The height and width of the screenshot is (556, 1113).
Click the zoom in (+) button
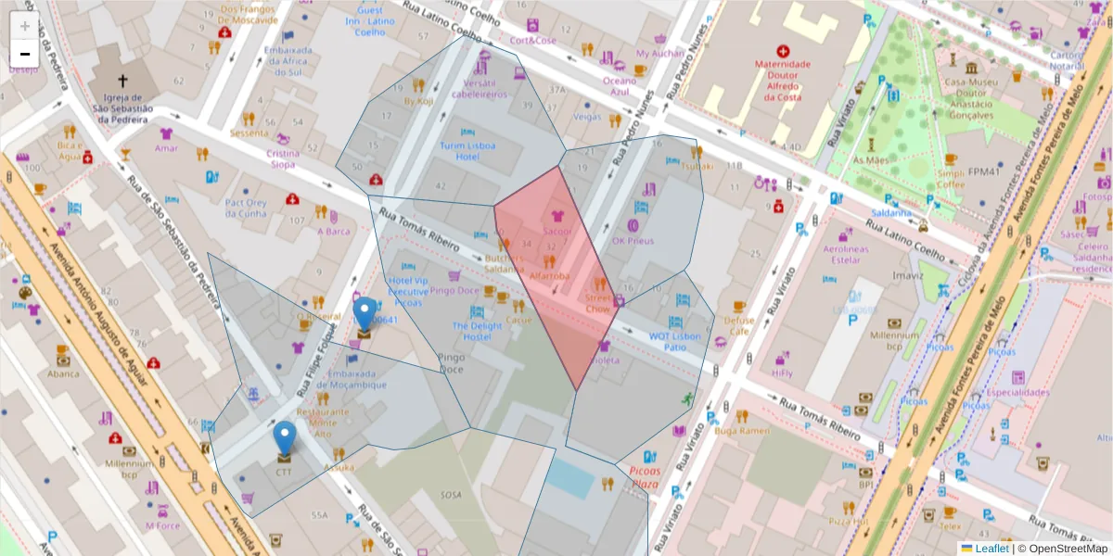tap(25, 26)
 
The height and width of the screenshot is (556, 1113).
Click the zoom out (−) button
tap(25, 54)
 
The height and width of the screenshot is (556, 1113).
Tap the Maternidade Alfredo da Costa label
tap(784, 80)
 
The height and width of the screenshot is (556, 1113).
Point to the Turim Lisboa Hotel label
tap(467, 151)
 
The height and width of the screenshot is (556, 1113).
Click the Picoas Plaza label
tap(644, 477)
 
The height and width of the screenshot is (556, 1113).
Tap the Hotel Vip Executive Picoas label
tap(408, 291)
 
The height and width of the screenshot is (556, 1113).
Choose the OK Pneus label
tap(633, 241)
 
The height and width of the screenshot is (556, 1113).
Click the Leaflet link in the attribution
tap(991, 549)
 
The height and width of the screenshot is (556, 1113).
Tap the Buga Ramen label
tap(743, 430)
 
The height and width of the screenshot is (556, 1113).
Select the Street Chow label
tap(598, 303)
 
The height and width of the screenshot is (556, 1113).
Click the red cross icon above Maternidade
tap(784, 50)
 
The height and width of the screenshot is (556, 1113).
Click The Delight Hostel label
tap(477, 331)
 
